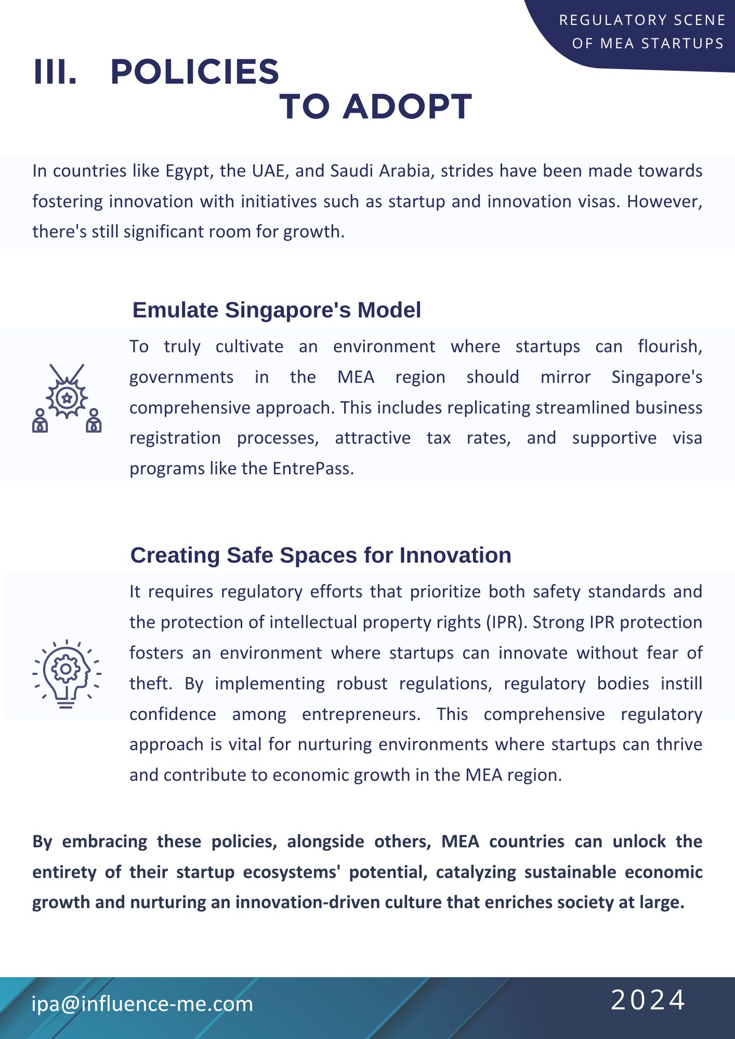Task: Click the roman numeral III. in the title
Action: [x=55, y=72]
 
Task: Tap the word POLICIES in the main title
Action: [x=195, y=72]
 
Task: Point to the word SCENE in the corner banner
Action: [x=700, y=20]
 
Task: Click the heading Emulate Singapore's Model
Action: [x=277, y=310]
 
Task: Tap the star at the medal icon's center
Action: [x=67, y=398]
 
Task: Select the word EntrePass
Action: [x=312, y=469]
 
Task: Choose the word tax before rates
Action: [x=439, y=438]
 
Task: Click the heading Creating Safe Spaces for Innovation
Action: [x=321, y=555]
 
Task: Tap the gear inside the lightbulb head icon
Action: [x=66, y=669]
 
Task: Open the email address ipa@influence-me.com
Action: [x=142, y=1004]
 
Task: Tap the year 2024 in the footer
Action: [x=648, y=1001]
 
